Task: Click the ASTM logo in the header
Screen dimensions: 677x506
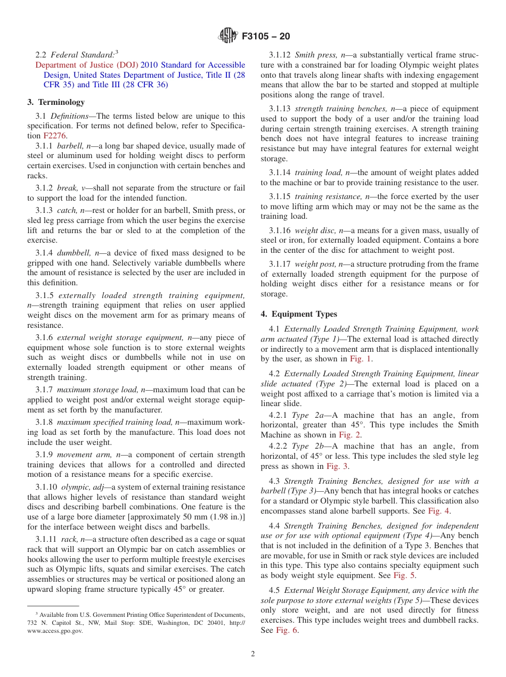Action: click(228, 36)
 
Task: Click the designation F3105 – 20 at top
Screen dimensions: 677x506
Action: click(266, 36)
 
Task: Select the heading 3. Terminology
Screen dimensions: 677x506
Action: click(56, 102)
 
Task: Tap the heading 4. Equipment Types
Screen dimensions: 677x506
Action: click(299, 314)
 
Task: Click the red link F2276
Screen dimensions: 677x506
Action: click(55, 136)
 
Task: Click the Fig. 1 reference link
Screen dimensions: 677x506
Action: click(361, 359)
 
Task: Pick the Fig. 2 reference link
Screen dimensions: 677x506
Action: click(350, 435)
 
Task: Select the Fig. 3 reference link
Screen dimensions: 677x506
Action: click(337, 466)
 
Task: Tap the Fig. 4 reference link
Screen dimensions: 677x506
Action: click(439, 511)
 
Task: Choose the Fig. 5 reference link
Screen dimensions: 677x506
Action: click(404, 575)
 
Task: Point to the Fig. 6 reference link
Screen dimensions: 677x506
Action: click(287, 630)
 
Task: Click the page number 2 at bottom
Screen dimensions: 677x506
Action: click(253, 654)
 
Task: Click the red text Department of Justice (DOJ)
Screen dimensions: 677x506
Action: click(87, 65)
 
